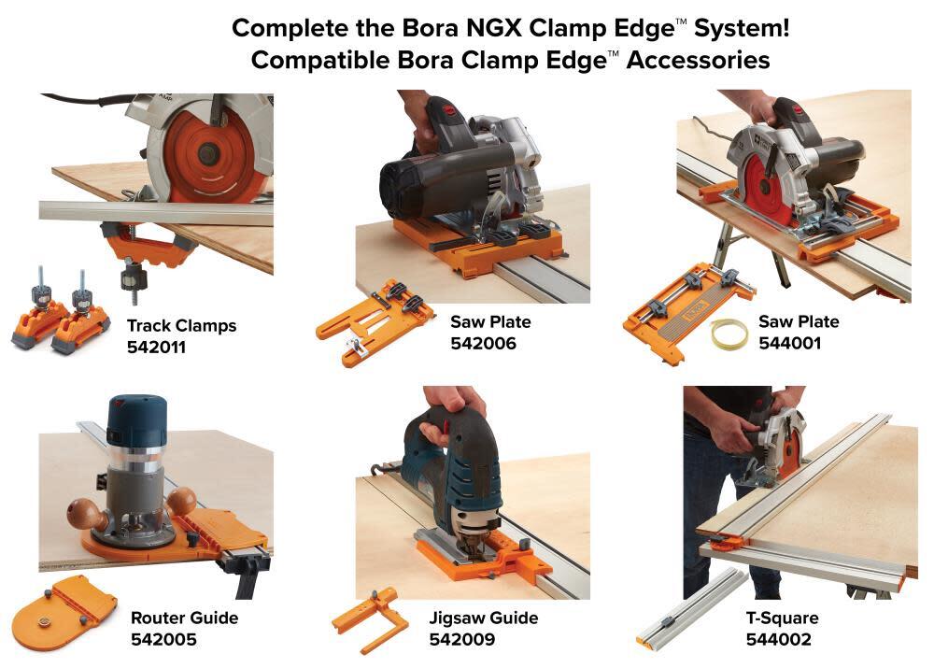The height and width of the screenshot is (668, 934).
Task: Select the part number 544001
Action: pos(786,344)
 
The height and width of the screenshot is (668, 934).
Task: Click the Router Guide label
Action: pos(184,618)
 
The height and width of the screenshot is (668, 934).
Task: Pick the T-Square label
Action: pos(782,618)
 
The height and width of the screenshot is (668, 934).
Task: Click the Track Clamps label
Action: pos(181,326)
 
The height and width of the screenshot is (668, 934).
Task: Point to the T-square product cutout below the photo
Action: pos(691,607)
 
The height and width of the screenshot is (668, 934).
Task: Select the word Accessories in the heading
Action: pos(700,60)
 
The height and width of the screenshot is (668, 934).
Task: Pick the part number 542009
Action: pos(461,640)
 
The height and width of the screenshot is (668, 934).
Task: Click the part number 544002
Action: pos(778,640)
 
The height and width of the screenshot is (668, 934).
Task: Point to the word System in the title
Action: pos(739,27)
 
